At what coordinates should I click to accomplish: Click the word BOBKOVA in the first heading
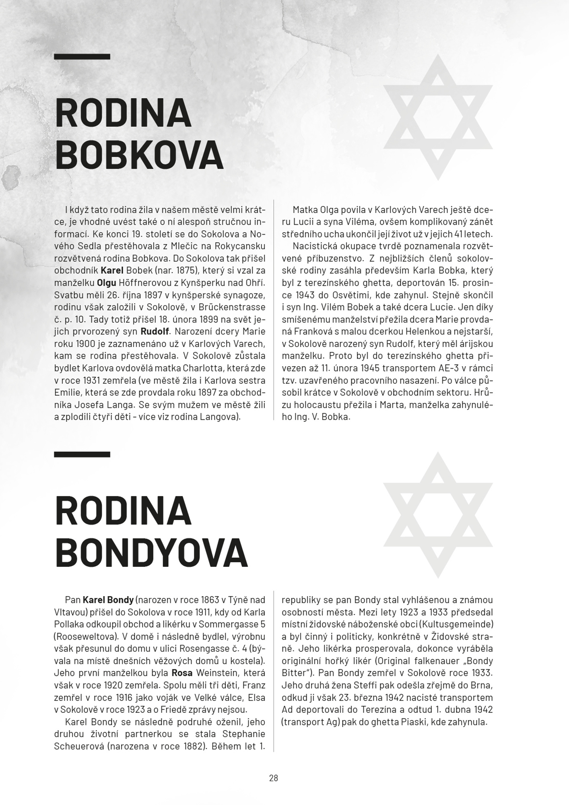click(x=139, y=155)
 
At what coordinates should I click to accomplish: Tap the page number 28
click(x=274, y=778)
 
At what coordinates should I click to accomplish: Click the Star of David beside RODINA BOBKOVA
click(x=438, y=117)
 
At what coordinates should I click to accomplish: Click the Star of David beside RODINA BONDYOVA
click(x=438, y=515)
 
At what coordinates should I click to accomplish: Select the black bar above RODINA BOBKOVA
click(x=82, y=57)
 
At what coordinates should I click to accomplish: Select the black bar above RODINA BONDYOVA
click(x=82, y=454)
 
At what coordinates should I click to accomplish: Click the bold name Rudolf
click(x=156, y=332)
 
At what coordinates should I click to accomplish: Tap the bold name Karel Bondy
click(x=108, y=600)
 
